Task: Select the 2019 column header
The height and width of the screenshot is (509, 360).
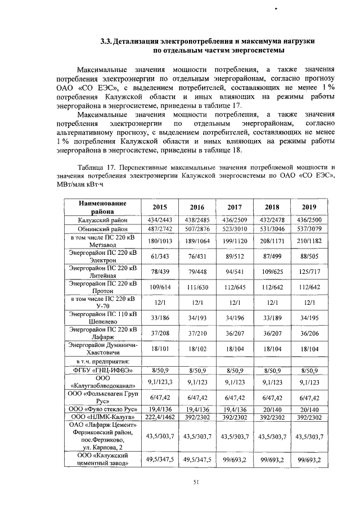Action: pos(309,206)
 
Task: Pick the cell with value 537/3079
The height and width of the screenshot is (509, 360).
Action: pos(309,229)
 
